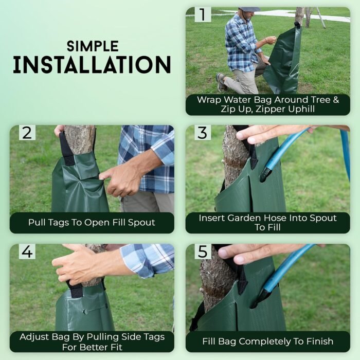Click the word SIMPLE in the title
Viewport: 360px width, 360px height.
pyautogui.click(x=93, y=46)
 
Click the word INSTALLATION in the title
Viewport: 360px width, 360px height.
pyautogui.click(x=92, y=65)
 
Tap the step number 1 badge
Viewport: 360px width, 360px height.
pyautogui.click(x=203, y=14)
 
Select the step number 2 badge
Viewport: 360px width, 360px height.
pyautogui.click(x=27, y=133)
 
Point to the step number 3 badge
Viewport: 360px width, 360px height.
pyautogui.click(x=203, y=133)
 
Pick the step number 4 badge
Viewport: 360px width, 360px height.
pyautogui.click(x=27, y=251)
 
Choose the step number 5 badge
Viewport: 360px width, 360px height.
pyautogui.click(x=203, y=251)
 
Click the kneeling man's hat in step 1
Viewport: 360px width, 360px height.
pyautogui.click(x=249, y=9)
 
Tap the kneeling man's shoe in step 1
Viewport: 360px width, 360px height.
pyautogui.click(x=221, y=82)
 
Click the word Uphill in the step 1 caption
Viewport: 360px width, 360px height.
pyautogui.click(x=301, y=109)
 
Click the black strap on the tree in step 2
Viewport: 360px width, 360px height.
pyautogui.click(x=66, y=150)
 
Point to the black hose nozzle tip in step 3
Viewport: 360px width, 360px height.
pyautogui.click(x=264, y=174)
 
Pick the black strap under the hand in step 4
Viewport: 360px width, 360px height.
pyautogui.click(x=75, y=289)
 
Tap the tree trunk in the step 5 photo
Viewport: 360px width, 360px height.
pyautogui.click(x=216, y=282)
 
